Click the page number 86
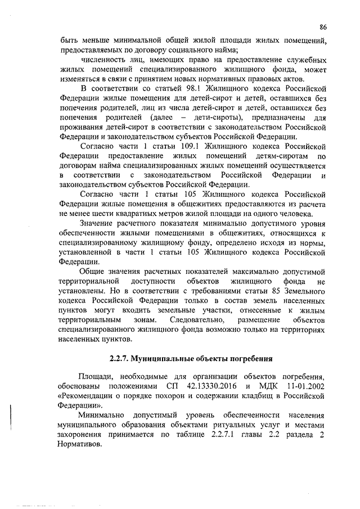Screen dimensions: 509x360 [323, 26]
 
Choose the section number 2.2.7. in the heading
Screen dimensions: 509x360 [121, 358]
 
